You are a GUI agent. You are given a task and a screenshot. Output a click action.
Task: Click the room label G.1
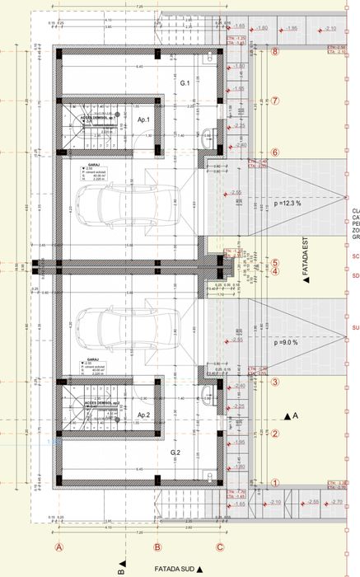[x=185, y=84]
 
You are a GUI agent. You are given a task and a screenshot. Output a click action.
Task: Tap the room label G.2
[x=175, y=453]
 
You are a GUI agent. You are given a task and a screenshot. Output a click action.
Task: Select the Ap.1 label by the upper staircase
[x=143, y=120]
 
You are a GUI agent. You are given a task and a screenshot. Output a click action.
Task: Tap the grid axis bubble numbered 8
[x=276, y=51]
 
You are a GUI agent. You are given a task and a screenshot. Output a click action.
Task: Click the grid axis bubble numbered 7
[x=276, y=101]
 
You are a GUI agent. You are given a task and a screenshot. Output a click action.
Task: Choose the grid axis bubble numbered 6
[x=276, y=152]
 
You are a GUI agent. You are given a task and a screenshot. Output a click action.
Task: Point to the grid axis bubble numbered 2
[x=276, y=434]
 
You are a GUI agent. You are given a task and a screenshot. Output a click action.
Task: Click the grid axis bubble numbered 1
[x=276, y=485]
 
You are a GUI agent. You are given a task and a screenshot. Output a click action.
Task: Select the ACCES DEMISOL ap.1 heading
[x=97, y=118]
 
